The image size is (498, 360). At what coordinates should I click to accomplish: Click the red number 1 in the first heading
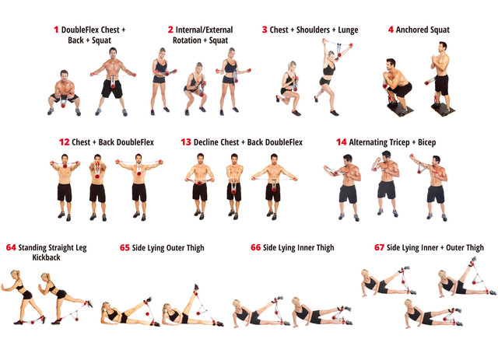pos(56,30)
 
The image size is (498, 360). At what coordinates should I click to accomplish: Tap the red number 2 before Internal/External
pos(170,30)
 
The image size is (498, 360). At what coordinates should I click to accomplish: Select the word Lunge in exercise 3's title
pos(348,30)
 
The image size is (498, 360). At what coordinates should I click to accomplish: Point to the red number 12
pos(64,142)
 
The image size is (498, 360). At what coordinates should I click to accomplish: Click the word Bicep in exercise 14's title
pos(426,142)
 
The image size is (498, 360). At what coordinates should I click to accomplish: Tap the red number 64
pos(11,247)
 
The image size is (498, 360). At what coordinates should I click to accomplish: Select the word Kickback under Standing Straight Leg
pos(47,257)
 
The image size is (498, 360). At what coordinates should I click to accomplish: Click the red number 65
pos(124,247)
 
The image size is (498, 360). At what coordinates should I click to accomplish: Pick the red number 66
pos(256,247)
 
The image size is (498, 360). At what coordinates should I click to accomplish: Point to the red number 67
pos(379,247)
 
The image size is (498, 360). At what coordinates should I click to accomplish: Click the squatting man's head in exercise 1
pos(64,75)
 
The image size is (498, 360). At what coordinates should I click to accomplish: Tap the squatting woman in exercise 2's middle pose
pos(195,89)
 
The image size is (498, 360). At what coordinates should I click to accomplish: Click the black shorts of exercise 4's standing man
pos(441,85)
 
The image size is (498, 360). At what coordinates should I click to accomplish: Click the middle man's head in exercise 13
pos(234,159)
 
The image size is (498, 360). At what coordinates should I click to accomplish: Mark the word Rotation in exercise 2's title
pos(187,40)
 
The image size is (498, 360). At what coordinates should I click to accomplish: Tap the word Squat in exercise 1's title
pos(102,41)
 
